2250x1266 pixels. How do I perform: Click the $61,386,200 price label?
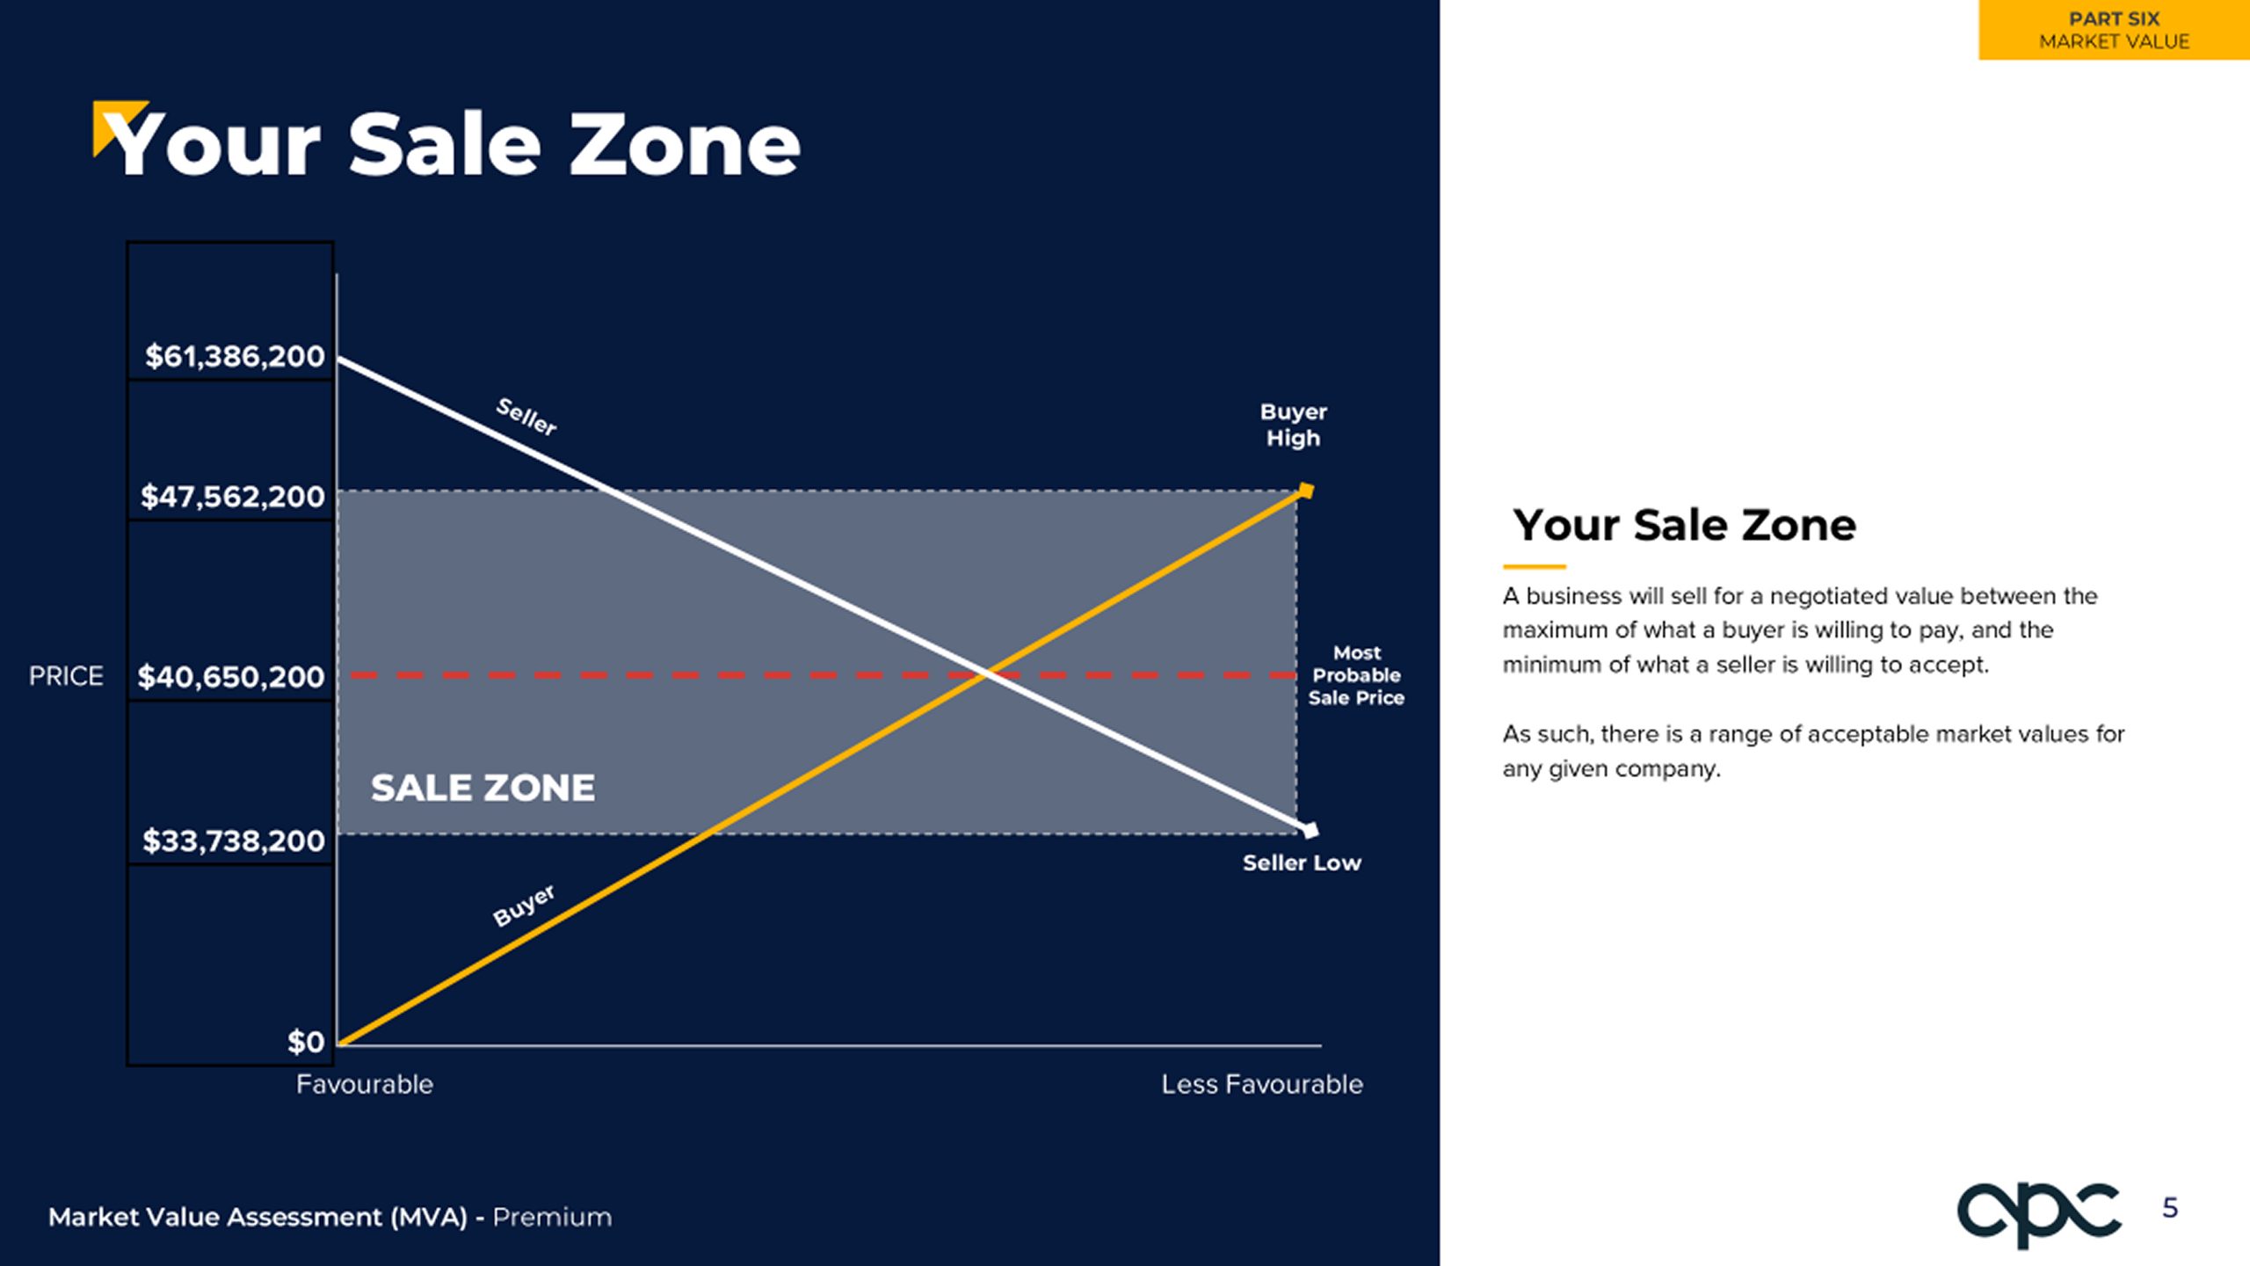(235, 356)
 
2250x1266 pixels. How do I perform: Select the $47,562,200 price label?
(233, 497)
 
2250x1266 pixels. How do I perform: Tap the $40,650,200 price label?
(231, 677)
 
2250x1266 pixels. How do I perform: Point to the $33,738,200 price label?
(234, 841)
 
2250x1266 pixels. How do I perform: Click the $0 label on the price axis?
(306, 1042)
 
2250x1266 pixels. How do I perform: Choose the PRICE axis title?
(66, 676)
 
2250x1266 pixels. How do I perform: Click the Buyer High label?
(1294, 425)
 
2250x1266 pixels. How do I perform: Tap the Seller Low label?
(1302, 863)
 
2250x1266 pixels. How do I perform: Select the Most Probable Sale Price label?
(1356, 675)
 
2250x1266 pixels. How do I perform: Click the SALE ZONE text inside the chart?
(483, 788)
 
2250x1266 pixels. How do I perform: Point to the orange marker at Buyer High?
(1306, 491)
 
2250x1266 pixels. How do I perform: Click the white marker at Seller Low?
(1310, 830)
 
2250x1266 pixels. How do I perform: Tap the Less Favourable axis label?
(1262, 1085)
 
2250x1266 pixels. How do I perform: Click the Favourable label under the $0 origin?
(365, 1085)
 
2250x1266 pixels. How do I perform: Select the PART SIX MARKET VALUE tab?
(2114, 30)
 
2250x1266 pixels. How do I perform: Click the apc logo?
(2038, 1214)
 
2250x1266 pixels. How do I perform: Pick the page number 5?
(2170, 1208)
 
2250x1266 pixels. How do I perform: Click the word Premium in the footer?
(552, 1218)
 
